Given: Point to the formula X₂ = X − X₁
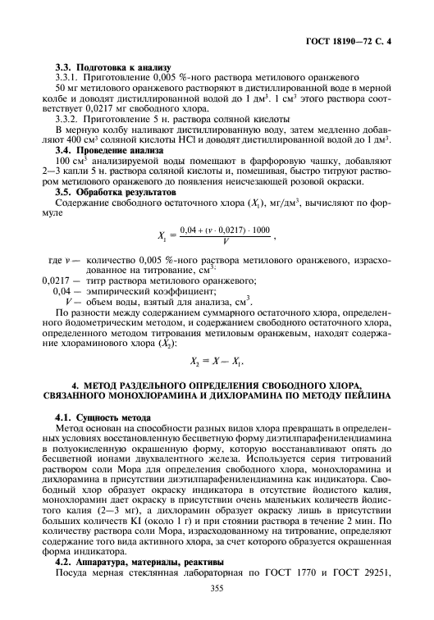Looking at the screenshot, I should coord(217,361).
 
